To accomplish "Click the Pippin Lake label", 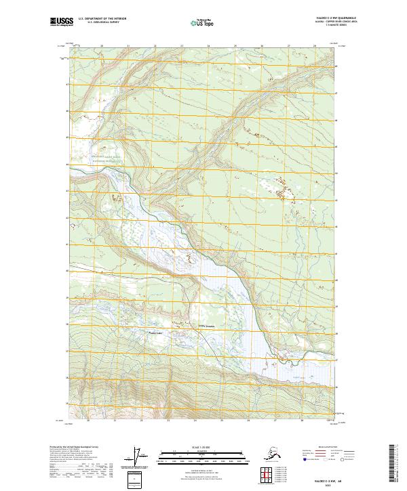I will tap(156, 333).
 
